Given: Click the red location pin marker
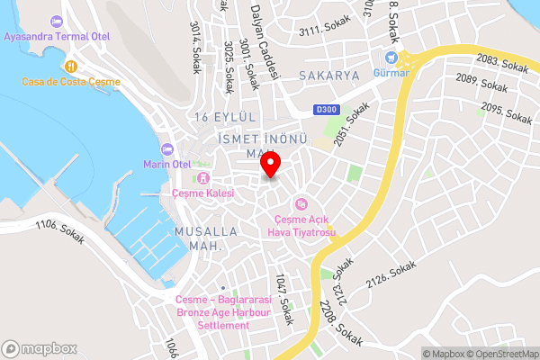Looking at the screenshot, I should coord(271,165).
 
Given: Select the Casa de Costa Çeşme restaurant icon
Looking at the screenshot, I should coord(71,66).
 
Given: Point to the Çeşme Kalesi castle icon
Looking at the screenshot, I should coord(203,177).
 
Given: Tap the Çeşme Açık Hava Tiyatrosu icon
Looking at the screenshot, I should coord(301,202).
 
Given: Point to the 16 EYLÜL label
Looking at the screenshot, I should coord(226,118).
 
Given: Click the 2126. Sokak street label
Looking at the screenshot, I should coord(391,275).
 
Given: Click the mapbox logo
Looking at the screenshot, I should coord(40,348).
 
